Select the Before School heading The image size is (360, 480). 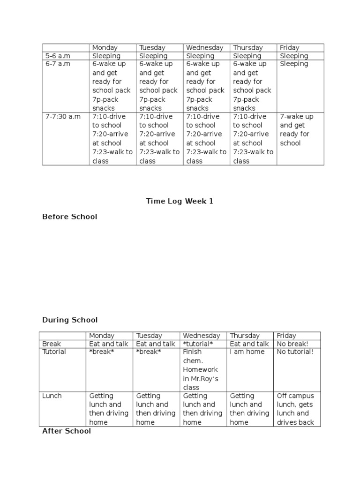[x=70, y=217]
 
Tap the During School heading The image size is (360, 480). [x=70, y=320]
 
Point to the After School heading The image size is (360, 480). [x=67, y=431]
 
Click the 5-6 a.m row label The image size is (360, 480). [x=58, y=56]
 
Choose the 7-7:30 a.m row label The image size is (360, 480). [x=63, y=116]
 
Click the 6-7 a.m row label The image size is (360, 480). [x=58, y=64]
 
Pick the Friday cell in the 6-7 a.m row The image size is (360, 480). [x=294, y=64]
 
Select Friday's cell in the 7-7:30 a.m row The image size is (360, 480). [x=296, y=129]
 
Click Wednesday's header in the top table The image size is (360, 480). [x=204, y=48]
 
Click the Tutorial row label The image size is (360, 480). [x=54, y=352]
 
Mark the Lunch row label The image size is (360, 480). [x=52, y=396]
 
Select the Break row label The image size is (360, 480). [x=52, y=344]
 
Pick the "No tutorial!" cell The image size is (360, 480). [x=295, y=352]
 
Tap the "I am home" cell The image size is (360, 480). [x=247, y=352]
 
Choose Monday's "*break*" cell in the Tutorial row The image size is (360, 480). [x=102, y=352]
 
